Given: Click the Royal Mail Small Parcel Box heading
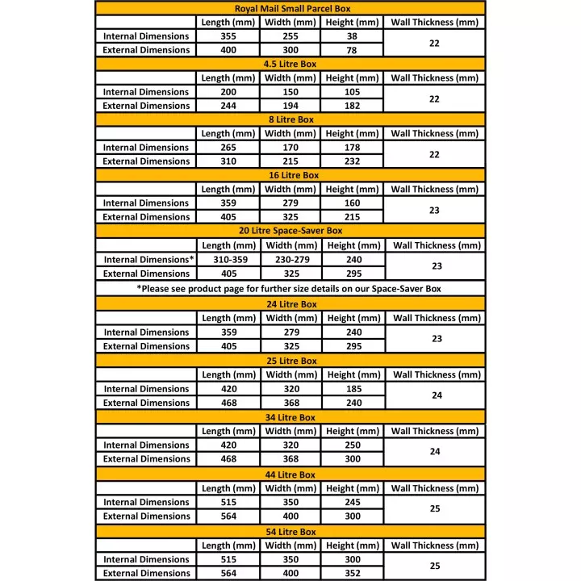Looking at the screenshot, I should pos(290,8).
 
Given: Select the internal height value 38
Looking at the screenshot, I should pos(352,36).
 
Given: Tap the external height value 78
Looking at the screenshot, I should pos(352,50).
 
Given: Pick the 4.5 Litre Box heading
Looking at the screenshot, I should pos(290,64).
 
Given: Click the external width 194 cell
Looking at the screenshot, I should pos(290,106).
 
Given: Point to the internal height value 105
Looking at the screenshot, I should pos(352,92).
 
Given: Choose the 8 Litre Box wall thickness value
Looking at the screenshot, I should pos(434,154).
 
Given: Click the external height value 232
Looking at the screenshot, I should pos(352,161).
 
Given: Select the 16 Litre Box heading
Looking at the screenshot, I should pos(290,175).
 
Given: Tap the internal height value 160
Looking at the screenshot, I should pos(352,203).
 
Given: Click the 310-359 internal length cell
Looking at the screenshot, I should pos(229,260).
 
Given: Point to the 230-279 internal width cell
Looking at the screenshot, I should pos(290,260).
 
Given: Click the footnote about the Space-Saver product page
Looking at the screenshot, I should pos(290,288).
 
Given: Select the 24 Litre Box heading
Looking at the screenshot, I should pos(290,304).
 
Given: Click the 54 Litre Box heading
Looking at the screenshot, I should pos(290,532).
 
